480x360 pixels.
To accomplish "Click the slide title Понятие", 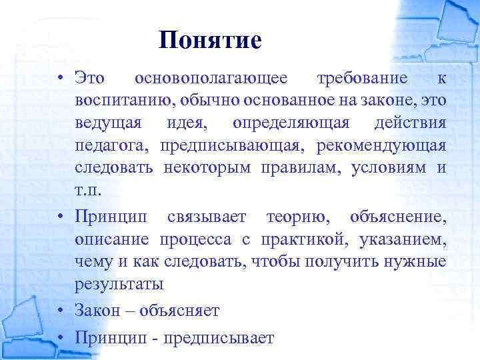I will pos(211,41).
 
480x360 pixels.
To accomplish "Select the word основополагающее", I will pos(211,78).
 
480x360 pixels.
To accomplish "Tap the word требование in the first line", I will pos(362,78).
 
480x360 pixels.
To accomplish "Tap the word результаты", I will pos(119,283).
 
